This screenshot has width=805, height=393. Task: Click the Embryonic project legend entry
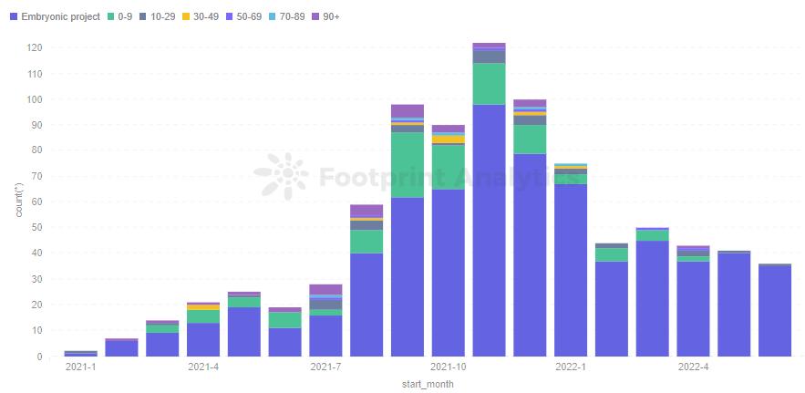pos(60,16)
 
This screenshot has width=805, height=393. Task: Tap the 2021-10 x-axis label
pos(448,367)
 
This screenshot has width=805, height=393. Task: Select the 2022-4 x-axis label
pos(694,367)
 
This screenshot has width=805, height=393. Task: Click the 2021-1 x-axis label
pos(80,367)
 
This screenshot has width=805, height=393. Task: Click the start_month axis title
pos(428,385)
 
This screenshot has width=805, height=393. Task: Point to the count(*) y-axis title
pos(19,199)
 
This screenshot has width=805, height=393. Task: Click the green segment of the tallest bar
pos(489,83)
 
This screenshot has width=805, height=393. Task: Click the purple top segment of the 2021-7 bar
pos(325,289)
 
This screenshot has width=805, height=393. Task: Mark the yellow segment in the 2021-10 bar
pos(448,140)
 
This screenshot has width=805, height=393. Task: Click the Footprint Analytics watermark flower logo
pos(280,175)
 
